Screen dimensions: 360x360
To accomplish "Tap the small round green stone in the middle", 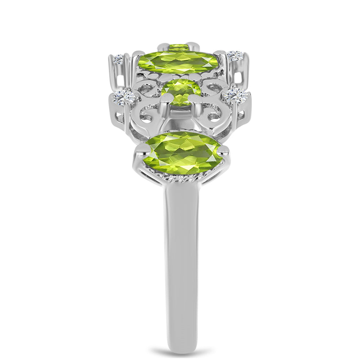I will point(181,92).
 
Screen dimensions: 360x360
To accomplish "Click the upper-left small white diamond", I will point(118,59).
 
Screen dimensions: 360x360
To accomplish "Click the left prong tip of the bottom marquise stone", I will point(141,149).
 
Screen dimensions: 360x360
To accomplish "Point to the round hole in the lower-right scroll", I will point(213,114).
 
